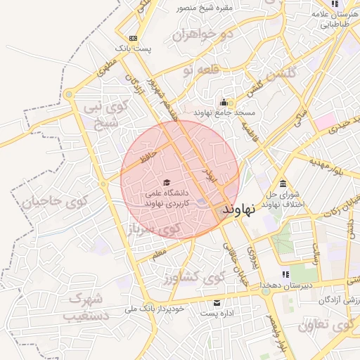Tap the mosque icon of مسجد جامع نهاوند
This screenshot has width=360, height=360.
(224, 103)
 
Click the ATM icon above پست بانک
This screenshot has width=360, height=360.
(133, 38)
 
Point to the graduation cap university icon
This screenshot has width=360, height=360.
(166, 182)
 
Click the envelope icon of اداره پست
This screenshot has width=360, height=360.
(217, 302)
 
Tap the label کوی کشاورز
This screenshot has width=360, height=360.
(193, 276)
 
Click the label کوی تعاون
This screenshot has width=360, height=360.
(325, 326)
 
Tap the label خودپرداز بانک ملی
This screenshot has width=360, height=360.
(154, 309)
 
